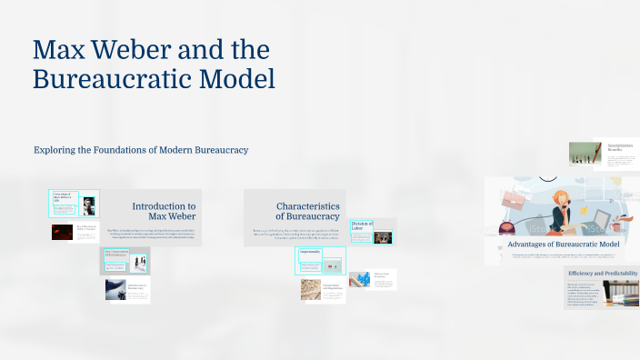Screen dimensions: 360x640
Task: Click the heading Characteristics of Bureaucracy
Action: click(x=308, y=212)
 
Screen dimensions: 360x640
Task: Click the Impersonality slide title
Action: click(x=311, y=253)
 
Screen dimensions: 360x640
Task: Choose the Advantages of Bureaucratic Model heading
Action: click(x=563, y=245)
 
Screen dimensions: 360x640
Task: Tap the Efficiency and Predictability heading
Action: click(x=603, y=273)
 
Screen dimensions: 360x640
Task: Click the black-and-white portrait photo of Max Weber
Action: click(x=89, y=205)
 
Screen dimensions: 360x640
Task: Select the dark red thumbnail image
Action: click(x=62, y=232)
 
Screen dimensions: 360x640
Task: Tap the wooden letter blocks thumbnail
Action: click(x=311, y=289)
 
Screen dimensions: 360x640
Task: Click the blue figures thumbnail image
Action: click(x=359, y=279)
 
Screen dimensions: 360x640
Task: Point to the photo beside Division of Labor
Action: click(x=383, y=237)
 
